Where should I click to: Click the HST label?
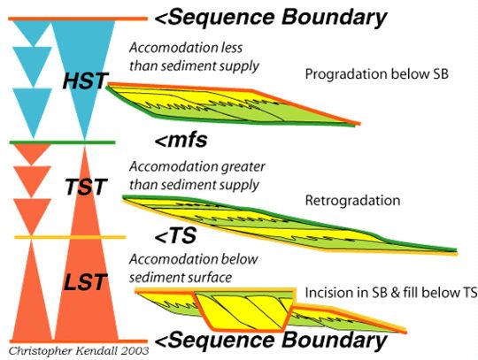pyautogui.click(x=85, y=80)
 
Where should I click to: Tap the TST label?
pyautogui.click(x=86, y=187)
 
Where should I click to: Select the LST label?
pyautogui.click(x=86, y=282)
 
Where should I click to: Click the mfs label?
pyautogui.click(x=181, y=140)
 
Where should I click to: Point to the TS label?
pyautogui.click(x=175, y=235)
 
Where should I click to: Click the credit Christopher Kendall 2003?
pyautogui.click(x=79, y=351)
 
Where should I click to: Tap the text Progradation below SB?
pyautogui.click(x=377, y=74)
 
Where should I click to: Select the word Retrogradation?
pyautogui.click(x=352, y=201)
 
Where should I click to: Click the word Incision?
pyautogui.click(x=328, y=293)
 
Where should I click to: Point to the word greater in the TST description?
pyautogui.click(x=243, y=167)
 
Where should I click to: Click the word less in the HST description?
pyautogui.click(x=232, y=48)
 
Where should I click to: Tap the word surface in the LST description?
pyautogui.click(x=210, y=278)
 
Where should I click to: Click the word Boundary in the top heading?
pyautogui.click(x=334, y=18)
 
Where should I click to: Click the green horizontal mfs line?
pyautogui.click(x=63, y=142)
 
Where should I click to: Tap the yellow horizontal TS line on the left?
pyautogui.click(x=70, y=237)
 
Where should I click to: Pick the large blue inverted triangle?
pyautogui.click(x=84, y=67)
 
